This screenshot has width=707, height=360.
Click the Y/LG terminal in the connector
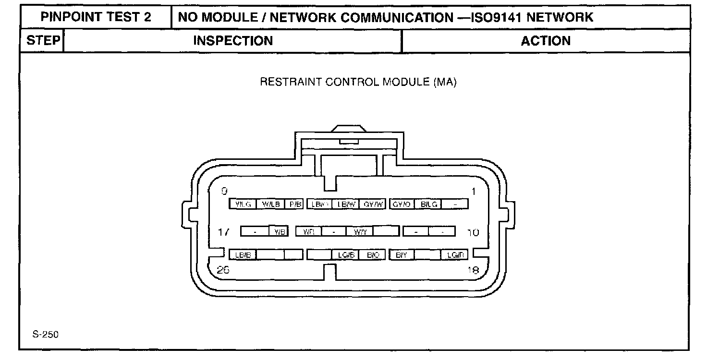tap(243, 204)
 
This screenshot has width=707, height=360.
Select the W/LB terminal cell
tap(271, 204)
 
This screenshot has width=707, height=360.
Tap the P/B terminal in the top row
tap(294, 204)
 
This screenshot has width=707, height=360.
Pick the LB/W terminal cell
tap(346, 204)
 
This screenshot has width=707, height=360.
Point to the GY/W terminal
tap(373, 204)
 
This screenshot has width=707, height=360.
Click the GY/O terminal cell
tap(402, 204)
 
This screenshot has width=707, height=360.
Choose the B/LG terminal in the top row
tap(428, 204)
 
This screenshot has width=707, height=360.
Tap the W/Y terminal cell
tap(360, 232)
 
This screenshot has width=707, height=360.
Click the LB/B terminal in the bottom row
tap(243, 255)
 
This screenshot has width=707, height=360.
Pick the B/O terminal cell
tap(373, 255)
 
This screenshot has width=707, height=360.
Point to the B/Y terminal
tap(402, 255)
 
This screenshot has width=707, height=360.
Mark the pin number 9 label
tap(224, 192)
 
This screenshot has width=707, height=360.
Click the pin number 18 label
tap(473, 270)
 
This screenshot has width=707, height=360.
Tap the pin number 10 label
tap(473, 232)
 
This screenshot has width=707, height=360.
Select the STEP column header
tap(42, 41)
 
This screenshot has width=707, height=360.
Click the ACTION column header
tap(546, 41)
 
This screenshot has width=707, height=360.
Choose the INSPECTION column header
tap(232, 41)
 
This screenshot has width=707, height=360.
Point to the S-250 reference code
tap(46, 335)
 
